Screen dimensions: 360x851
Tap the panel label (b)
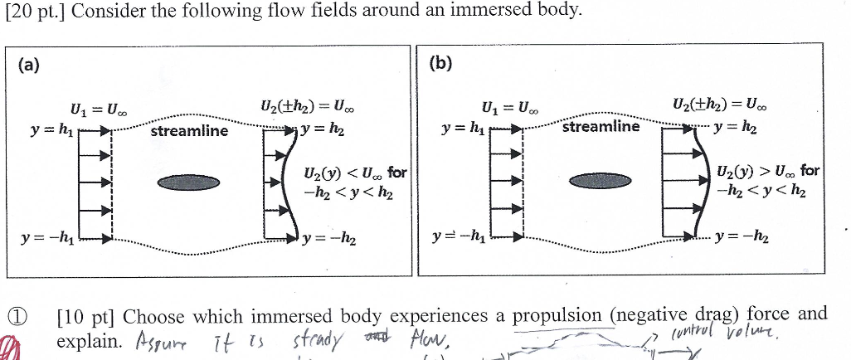tap(442, 64)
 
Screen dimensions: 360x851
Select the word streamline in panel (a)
tap(189, 131)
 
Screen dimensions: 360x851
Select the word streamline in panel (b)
tap(601, 127)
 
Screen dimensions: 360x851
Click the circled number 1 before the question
tap(17, 316)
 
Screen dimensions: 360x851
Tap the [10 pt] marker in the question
tap(85, 317)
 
